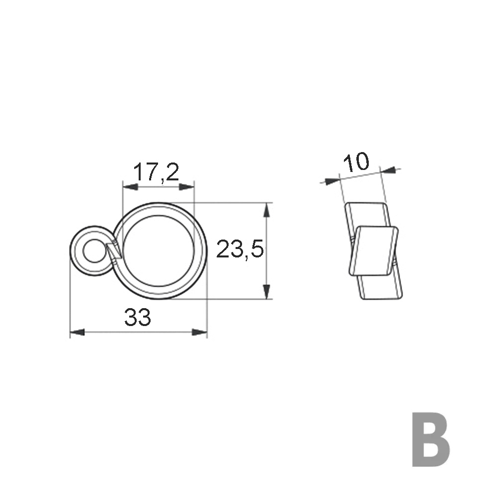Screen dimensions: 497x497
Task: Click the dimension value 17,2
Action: pyautogui.click(x=156, y=172)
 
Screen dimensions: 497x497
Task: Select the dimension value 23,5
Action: pyautogui.click(x=239, y=250)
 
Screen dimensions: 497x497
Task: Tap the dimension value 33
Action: pyautogui.click(x=137, y=318)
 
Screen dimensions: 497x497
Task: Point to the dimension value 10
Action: pyautogui.click(x=356, y=162)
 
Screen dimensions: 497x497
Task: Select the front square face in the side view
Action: pyautogui.click(x=376, y=250)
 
